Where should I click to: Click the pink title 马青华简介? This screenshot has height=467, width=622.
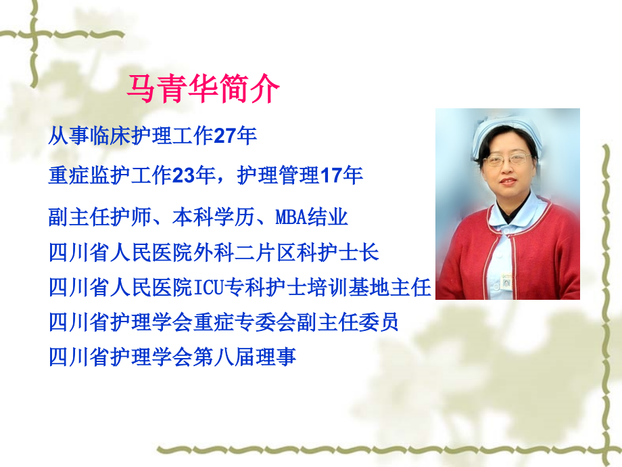pos(204,89)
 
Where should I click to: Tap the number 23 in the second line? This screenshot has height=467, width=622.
pos(184,176)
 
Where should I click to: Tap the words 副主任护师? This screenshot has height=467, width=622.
pos(89,218)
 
